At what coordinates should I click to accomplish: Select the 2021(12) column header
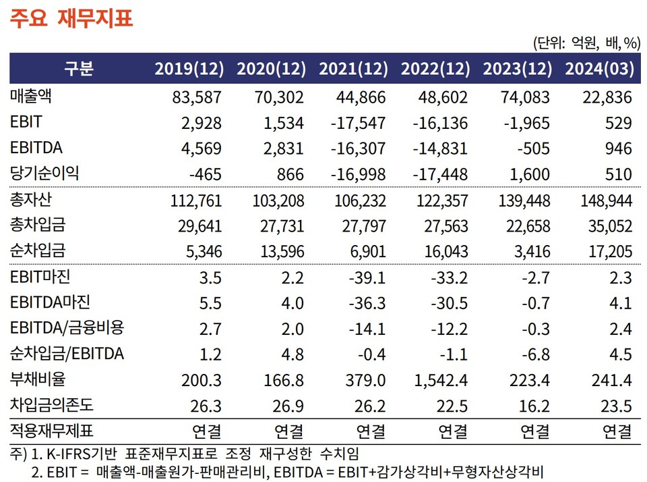tap(353, 69)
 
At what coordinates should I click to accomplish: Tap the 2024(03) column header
tap(598, 69)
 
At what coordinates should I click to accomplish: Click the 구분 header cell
tap(79, 69)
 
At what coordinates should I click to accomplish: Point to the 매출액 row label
tap(32, 97)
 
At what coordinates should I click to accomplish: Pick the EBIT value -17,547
tap(359, 124)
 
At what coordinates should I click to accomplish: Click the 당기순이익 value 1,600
tap(529, 174)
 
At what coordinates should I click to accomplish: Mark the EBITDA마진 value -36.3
tap(367, 302)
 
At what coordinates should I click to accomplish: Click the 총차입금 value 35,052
tap(607, 225)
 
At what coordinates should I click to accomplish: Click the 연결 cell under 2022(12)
tap(452, 430)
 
